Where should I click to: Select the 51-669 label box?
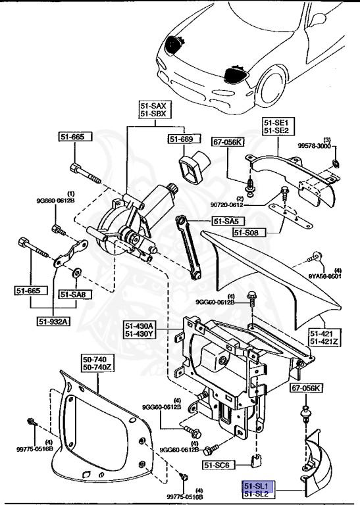click(x=180, y=139)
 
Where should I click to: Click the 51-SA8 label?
click(x=75, y=294)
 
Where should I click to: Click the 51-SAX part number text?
click(x=155, y=105)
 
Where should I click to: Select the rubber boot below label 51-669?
click(x=195, y=167)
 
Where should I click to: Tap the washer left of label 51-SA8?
click(x=77, y=271)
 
